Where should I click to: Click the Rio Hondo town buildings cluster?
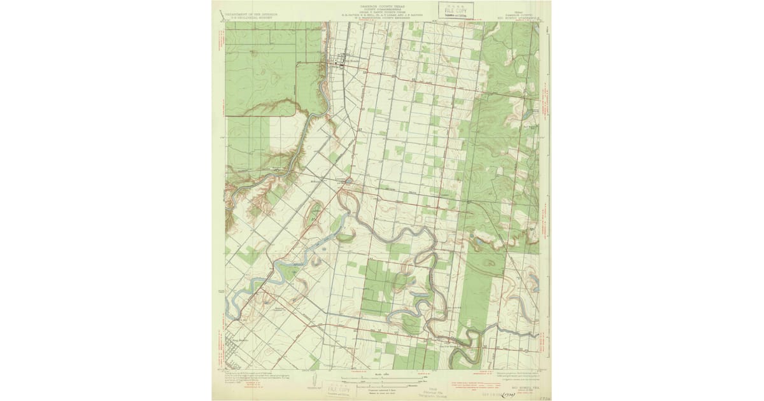(x=339, y=61)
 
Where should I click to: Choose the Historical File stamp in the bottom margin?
(x=434, y=390)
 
